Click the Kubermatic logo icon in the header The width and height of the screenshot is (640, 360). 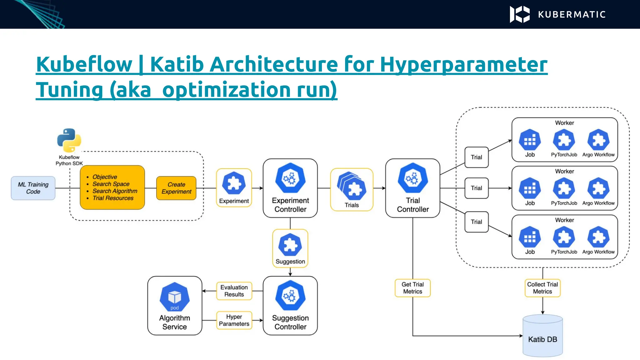click(x=520, y=14)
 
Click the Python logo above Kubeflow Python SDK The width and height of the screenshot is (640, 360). click(x=69, y=140)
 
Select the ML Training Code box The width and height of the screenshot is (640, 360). click(x=33, y=188)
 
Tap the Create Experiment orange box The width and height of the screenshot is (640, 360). click(x=176, y=188)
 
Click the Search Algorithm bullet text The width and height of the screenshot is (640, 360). click(x=115, y=191)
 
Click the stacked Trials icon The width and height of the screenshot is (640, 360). click(x=351, y=186)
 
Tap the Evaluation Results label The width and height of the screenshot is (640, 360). click(x=234, y=291)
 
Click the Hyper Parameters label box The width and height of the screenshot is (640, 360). click(x=234, y=320)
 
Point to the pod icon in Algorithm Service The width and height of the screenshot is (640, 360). click(x=174, y=297)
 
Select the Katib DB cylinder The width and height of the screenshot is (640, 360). click(x=542, y=336)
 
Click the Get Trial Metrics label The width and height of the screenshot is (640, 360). click(x=412, y=288)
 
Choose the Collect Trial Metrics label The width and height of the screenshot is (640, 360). click(x=542, y=288)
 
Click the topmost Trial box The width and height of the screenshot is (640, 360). click(x=476, y=157)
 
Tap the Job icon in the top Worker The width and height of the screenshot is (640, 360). click(x=530, y=140)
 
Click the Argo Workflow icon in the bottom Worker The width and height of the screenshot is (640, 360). click(x=598, y=237)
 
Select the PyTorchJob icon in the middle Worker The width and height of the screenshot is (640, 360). click(x=564, y=188)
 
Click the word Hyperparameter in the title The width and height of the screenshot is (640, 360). click(x=464, y=64)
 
